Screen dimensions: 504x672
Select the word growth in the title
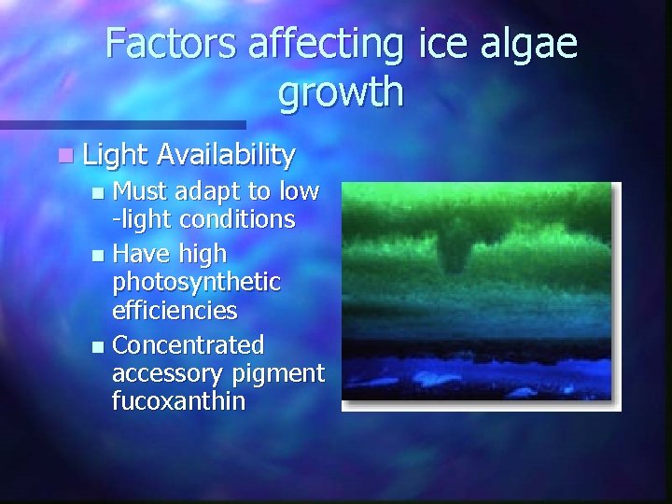(341, 92)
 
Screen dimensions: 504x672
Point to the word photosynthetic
(196, 281)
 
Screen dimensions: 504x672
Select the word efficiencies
(175, 310)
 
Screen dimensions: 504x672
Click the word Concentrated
(188, 345)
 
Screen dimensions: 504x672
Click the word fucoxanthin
(178, 402)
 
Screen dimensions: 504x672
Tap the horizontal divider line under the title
(121, 124)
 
